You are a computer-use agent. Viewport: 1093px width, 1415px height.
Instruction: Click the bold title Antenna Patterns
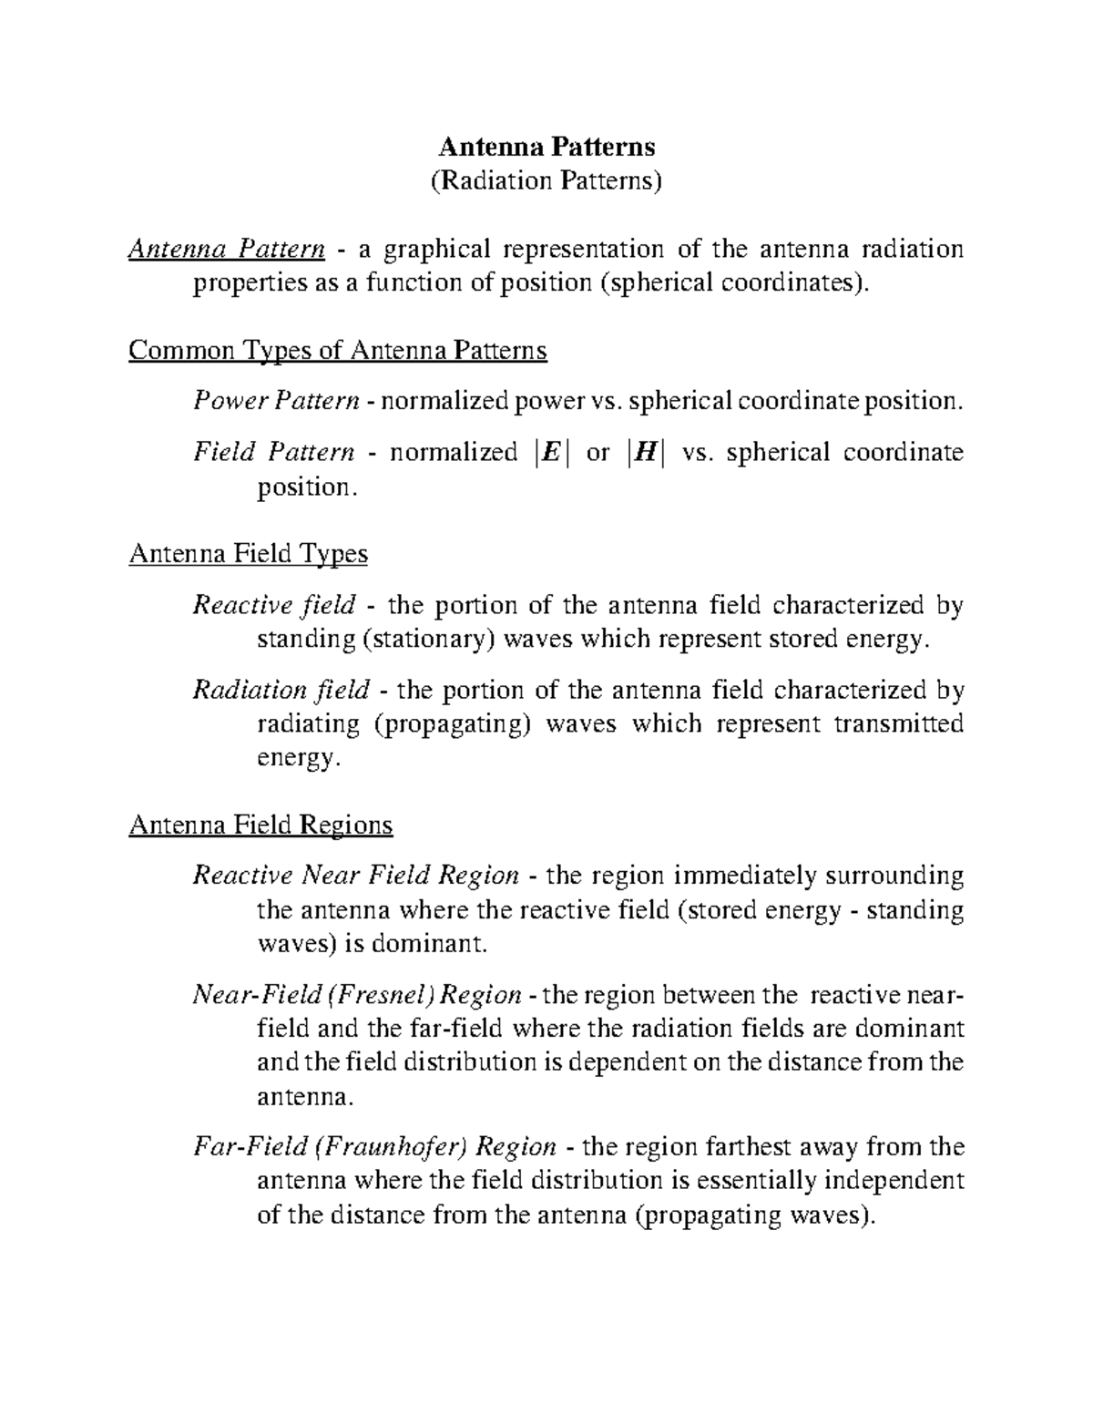point(546,147)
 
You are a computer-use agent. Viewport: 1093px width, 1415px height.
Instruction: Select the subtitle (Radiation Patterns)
point(546,180)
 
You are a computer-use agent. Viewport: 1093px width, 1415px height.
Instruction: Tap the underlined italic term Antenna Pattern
point(227,249)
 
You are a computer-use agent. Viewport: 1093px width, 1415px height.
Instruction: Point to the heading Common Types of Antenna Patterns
point(338,351)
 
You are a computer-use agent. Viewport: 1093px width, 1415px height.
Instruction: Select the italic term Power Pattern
point(276,401)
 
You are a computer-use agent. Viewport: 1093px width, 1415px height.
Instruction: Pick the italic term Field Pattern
point(273,453)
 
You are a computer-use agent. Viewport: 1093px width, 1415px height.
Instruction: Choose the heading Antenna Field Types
point(249,554)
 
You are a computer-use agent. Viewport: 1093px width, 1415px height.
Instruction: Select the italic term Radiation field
point(281,690)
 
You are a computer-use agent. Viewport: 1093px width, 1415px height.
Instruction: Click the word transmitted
point(899,724)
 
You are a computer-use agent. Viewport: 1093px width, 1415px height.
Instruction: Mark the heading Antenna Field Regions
point(261,825)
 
